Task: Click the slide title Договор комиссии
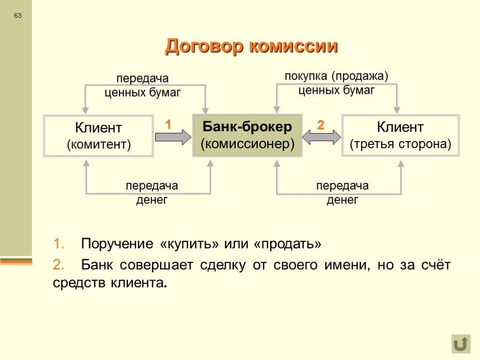pos(251,46)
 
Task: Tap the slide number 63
pos(18,16)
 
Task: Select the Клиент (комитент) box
pos(98,136)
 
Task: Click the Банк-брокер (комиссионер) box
pos(247,135)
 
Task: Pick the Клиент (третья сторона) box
pos(401,135)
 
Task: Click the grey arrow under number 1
pos(173,137)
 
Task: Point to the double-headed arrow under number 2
pos(322,137)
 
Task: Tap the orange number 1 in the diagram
pos(168,125)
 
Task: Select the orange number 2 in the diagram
pos(321,125)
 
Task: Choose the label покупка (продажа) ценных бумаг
pos(337,82)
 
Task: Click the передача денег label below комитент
pos(152,193)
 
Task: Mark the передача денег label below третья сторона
pos(343,193)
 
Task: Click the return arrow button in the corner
pos(461,344)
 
